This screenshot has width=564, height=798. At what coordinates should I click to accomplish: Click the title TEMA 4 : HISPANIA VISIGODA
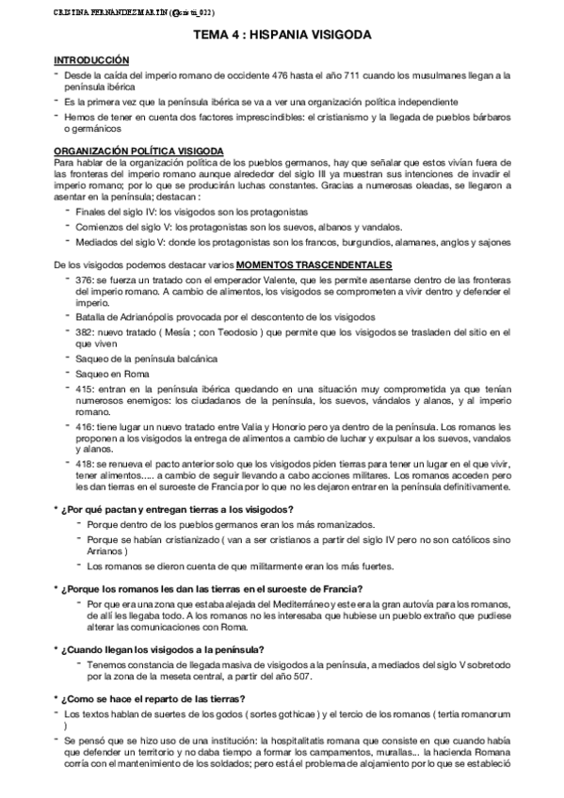(x=282, y=34)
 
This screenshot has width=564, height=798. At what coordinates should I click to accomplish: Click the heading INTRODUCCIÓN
(x=91, y=59)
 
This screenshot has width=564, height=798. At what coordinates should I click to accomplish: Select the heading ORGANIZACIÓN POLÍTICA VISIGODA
(x=139, y=151)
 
